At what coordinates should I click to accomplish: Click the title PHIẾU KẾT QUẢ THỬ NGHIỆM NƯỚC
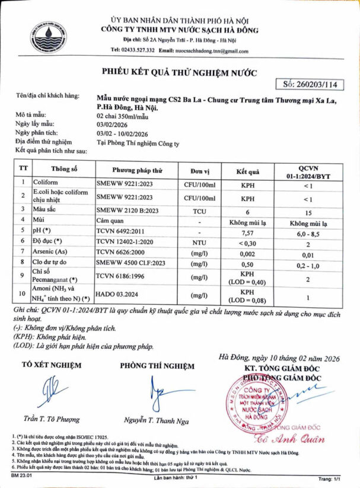click(180, 73)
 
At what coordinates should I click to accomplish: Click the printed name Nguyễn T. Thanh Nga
click(157, 421)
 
